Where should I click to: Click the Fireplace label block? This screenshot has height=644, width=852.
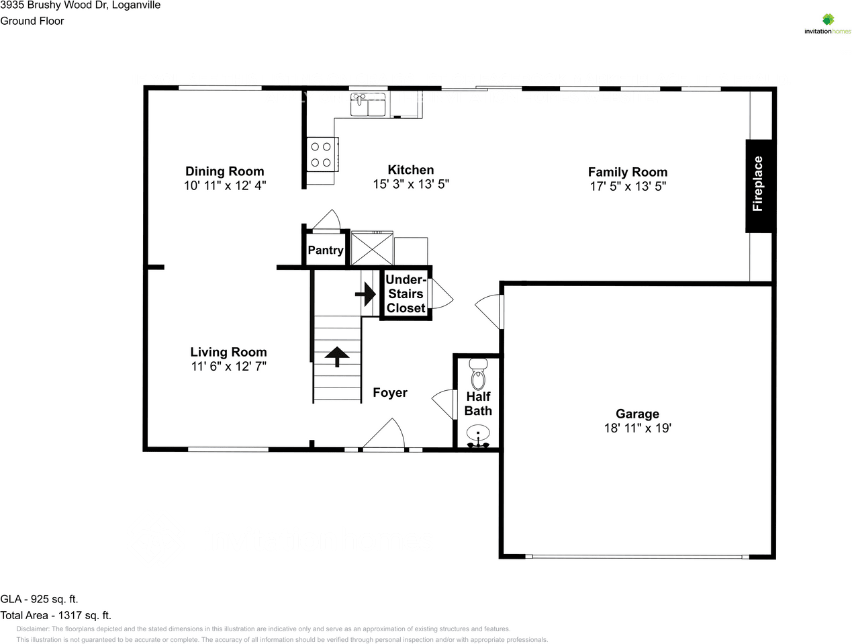pyautogui.click(x=759, y=185)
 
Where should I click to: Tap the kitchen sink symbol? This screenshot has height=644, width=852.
pyautogui.click(x=367, y=105)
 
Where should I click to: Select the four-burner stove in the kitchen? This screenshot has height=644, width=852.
pyautogui.click(x=322, y=154)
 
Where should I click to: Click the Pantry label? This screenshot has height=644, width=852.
pyautogui.click(x=326, y=250)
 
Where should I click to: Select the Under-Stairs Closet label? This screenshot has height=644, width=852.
pyautogui.click(x=406, y=294)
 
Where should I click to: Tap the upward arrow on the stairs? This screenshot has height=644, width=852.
pyautogui.click(x=336, y=355)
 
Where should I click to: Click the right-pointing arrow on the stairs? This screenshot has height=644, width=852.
pyautogui.click(x=366, y=293)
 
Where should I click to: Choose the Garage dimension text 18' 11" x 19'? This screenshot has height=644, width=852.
pyautogui.click(x=637, y=428)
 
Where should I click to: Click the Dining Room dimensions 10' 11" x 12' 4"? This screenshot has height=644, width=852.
pyautogui.click(x=225, y=186)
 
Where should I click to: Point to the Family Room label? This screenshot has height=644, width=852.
pyautogui.click(x=628, y=172)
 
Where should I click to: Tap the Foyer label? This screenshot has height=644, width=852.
pyautogui.click(x=390, y=393)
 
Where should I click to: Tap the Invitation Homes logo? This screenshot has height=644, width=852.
pyautogui.click(x=828, y=24)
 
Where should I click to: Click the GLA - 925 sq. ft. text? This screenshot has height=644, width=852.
pyautogui.click(x=40, y=599)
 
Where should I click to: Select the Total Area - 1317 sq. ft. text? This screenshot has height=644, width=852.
pyautogui.click(x=56, y=615)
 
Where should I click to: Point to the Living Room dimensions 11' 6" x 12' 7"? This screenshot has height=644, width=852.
pyautogui.click(x=228, y=367)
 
